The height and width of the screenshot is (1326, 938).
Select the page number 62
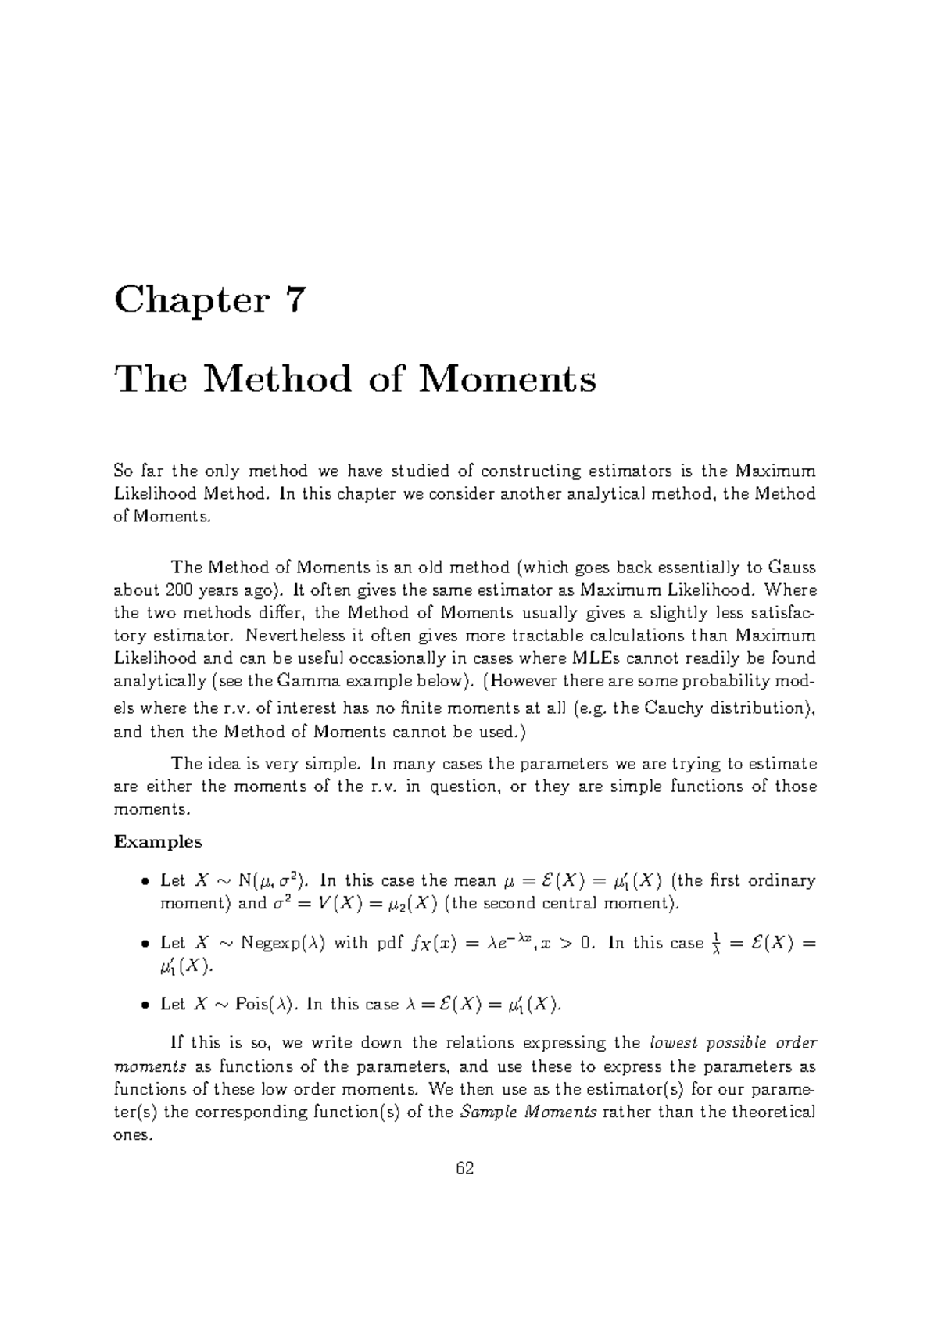(465, 1169)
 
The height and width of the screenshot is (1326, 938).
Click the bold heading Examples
(158, 842)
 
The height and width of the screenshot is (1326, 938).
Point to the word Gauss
(793, 567)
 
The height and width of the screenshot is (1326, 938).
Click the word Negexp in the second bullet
(267, 943)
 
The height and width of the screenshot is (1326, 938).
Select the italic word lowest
(675, 1043)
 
